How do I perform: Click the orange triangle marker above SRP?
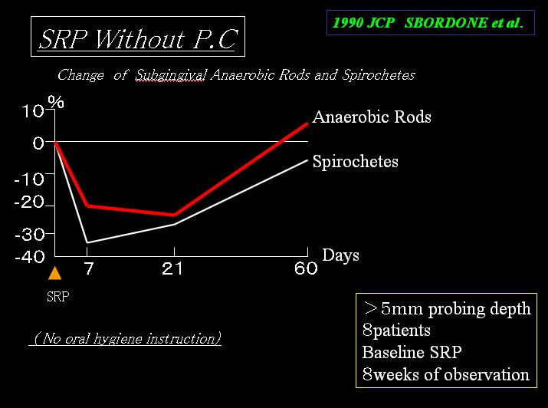point(55,273)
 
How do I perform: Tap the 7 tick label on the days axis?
point(89,268)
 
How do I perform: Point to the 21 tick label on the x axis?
point(172,268)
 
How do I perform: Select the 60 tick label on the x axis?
point(306,268)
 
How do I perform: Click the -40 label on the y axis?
point(30,258)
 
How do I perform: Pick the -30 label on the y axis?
point(30,234)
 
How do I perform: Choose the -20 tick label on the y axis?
point(29,202)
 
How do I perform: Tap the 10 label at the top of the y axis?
point(33,111)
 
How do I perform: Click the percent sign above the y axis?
point(56,101)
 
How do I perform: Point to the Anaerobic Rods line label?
point(372,117)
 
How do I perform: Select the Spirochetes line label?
point(356,162)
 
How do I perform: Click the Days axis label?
point(340,255)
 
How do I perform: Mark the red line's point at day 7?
point(87,206)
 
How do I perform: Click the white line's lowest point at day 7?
point(87,242)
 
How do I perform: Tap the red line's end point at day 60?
point(307,123)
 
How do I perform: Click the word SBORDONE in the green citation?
point(445,23)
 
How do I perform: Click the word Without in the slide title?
point(139,39)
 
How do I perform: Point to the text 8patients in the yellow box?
point(396,331)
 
